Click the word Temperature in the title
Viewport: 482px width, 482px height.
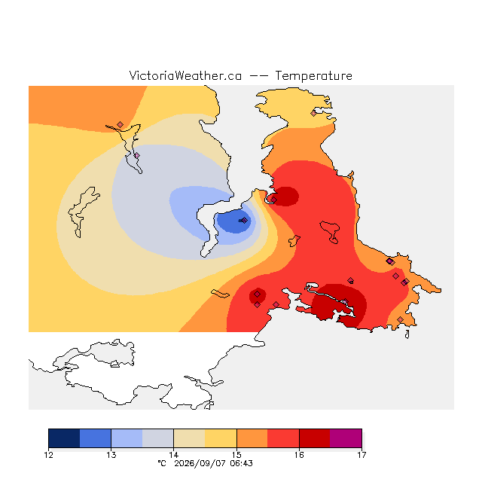[313, 75]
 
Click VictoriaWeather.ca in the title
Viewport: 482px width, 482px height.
[185, 75]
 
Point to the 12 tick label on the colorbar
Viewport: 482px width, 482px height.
[48, 455]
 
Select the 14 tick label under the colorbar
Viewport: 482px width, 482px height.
[174, 455]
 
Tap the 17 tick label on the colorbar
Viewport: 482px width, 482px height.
[361, 455]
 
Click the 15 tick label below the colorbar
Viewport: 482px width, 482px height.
[236, 455]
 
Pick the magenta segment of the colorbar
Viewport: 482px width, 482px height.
[346, 438]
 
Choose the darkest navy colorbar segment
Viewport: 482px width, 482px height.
[64, 438]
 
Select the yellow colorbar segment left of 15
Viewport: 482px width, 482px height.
[221, 438]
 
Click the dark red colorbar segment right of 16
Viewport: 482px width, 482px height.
[315, 438]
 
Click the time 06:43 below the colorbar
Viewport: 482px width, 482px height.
[241, 464]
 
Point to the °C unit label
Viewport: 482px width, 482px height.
[162, 463]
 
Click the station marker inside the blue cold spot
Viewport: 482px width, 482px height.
[244, 221]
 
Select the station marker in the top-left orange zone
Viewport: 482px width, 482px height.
[120, 124]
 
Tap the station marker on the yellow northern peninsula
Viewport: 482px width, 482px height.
[313, 113]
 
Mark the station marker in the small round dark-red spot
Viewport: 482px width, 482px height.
[258, 294]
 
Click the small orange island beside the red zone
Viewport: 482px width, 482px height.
[294, 241]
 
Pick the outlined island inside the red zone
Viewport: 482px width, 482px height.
[330, 231]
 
